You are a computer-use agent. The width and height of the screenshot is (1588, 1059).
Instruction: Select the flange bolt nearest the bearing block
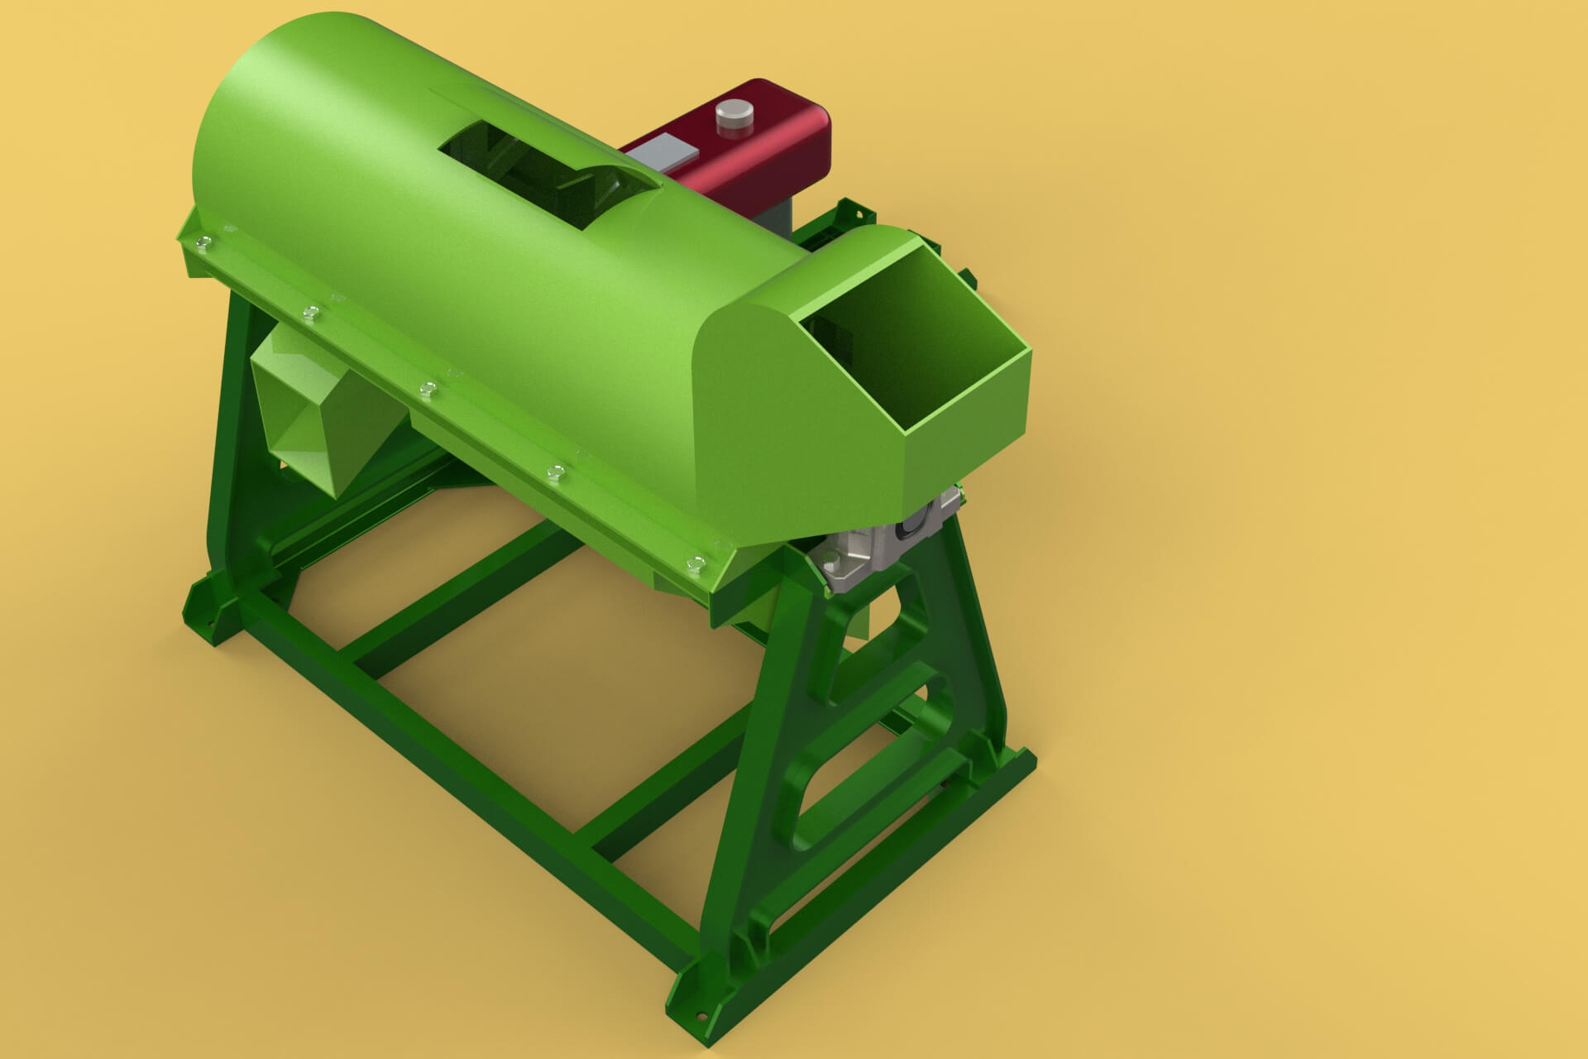pos(695,563)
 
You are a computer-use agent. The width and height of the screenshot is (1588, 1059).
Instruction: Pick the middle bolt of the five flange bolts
pos(428,389)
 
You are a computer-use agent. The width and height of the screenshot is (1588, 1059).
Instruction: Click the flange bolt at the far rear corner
pos(203,242)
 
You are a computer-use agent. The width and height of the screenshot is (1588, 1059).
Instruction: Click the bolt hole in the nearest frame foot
pos(701,1017)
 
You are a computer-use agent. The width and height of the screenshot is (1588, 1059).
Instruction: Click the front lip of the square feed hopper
pos(968,397)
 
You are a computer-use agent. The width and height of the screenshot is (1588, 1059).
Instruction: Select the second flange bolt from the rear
pos(311,312)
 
